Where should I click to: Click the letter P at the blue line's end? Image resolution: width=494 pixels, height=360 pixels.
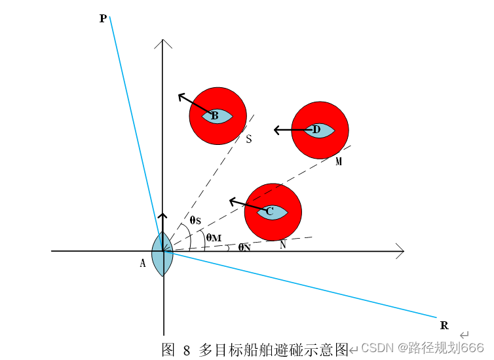point(103,19)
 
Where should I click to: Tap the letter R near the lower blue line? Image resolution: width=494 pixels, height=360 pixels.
point(444,325)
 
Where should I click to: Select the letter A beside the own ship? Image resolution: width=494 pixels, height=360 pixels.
point(142,263)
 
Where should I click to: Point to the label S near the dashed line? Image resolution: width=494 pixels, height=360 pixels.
point(249,139)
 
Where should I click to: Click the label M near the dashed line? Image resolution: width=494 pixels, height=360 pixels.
point(339,161)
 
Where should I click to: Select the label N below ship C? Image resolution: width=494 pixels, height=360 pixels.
point(283,245)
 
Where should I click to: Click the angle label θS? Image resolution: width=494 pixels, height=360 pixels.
point(195,220)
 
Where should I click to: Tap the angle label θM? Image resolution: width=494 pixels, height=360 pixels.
point(213,237)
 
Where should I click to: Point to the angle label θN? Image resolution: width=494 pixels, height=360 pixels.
point(244,247)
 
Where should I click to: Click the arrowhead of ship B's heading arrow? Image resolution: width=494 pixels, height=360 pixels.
point(181,97)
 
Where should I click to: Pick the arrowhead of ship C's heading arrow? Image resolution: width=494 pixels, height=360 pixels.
point(231,201)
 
